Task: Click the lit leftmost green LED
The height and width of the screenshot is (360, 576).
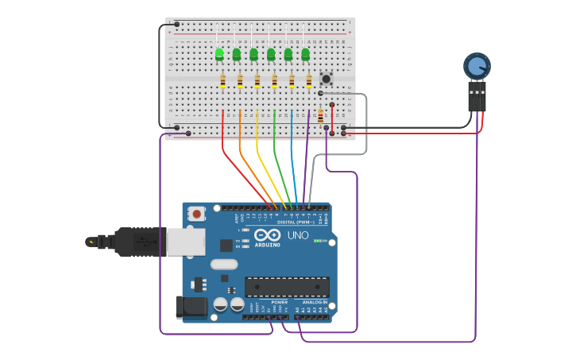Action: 219,54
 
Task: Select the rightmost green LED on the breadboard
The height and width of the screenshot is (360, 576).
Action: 305,54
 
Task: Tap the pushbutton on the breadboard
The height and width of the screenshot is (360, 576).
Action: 326,78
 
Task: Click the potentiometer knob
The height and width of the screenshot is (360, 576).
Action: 477,66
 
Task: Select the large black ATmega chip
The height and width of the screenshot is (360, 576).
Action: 287,287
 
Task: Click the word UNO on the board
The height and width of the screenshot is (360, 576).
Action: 298,235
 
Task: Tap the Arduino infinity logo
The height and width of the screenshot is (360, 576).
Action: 267,235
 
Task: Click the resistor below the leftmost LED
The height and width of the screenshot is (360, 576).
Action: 223,80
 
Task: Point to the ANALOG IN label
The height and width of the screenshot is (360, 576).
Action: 315,302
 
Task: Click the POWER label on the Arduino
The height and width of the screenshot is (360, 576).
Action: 280,302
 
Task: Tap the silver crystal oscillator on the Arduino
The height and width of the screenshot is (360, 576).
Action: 224,264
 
